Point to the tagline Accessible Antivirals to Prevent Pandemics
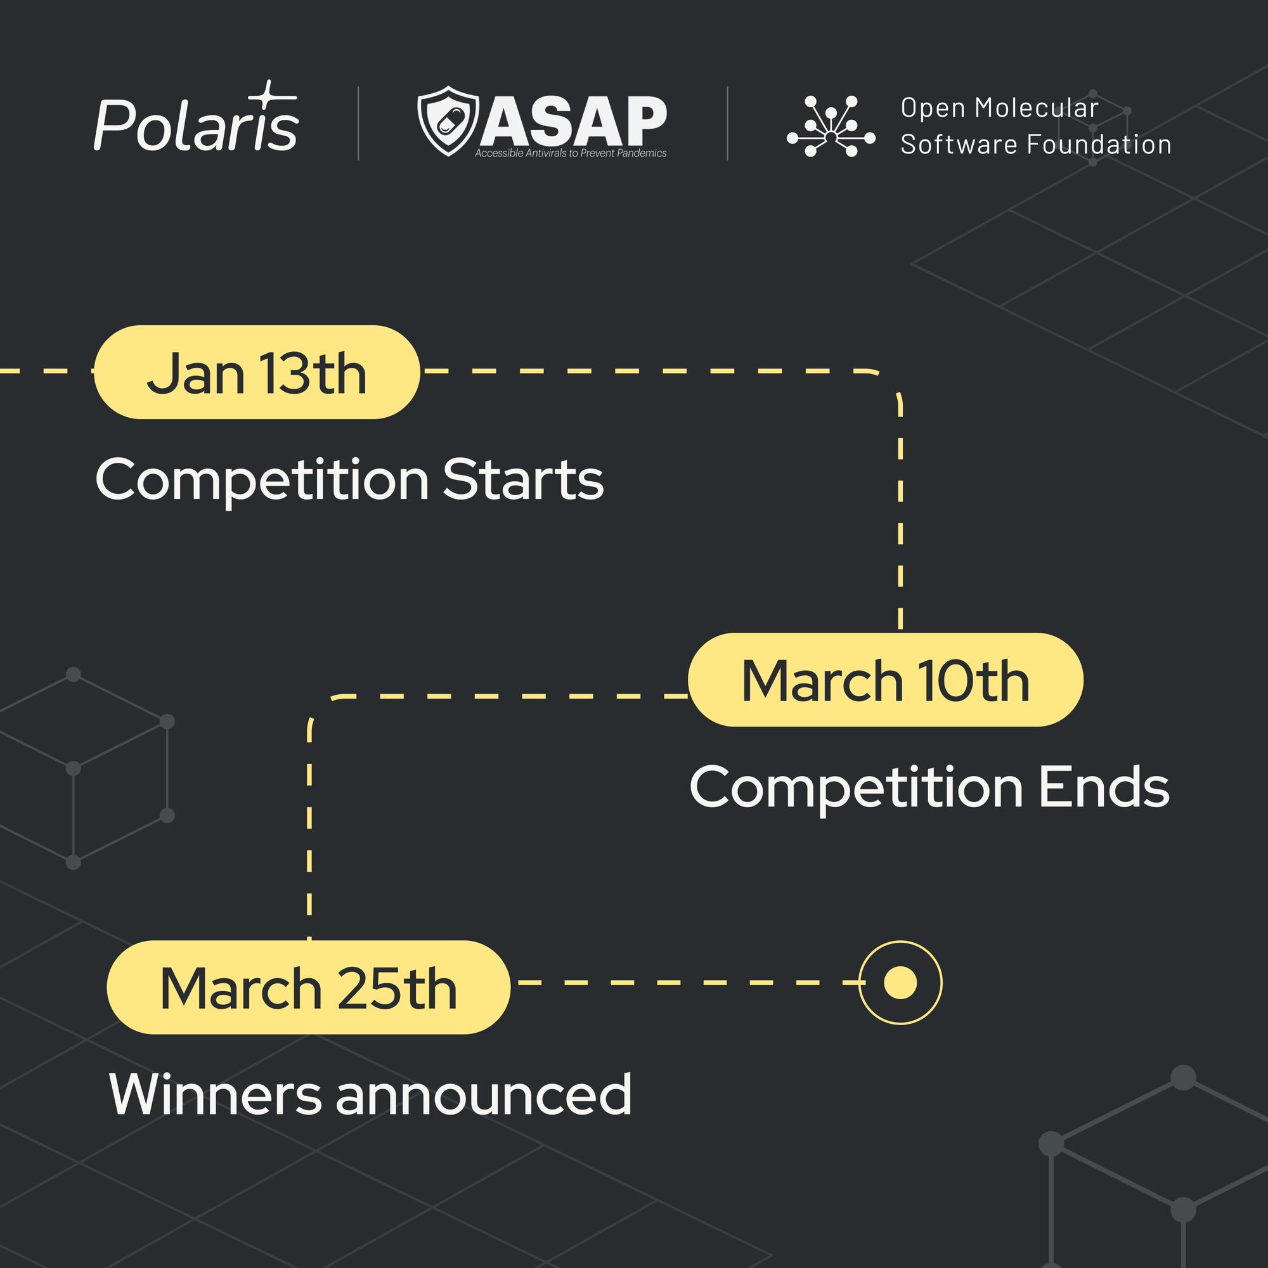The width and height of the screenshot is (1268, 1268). pyautogui.click(x=571, y=153)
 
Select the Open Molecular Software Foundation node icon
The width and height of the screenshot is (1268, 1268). pyautogui.click(x=831, y=126)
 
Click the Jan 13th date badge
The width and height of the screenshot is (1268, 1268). pyautogui.click(x=257, y=372)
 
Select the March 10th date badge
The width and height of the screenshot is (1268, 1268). pyautogui.click(x=885, y=680)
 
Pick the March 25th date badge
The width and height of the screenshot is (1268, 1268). pyautogui.click(x=309, y=987)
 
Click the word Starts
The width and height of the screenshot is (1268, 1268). pyautogui.click(x=523, y=479)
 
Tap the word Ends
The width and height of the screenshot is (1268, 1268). pyautogui.click(x=1104, y=787)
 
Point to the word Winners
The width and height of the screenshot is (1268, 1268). pyautogui.click(x=216, y=1094)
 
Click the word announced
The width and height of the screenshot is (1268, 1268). pyautogui.click(x=484, y=1094)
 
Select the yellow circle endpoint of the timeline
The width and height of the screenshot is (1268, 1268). pyautogui.click(x=900, y=983)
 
